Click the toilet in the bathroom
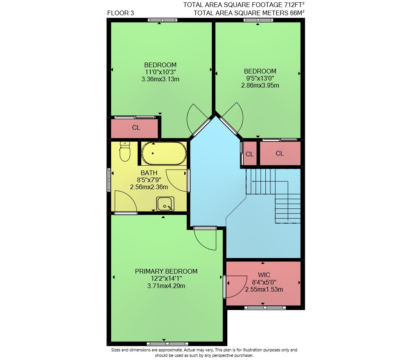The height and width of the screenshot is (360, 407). (x=125, y=151)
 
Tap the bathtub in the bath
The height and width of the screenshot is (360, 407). (x=164, y=154)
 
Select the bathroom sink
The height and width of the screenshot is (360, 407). (x=165, y=204)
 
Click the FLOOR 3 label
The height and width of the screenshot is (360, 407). (x=121, y=13)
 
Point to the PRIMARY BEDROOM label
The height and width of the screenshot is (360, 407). (x=166, y=271)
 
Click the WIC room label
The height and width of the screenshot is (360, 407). (x=264, y=275)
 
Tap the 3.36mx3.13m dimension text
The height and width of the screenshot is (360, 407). (x=160, y=79)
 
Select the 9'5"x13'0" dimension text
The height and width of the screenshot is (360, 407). (x=260, y=78)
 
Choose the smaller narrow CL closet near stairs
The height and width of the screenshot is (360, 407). (x=249, y=154)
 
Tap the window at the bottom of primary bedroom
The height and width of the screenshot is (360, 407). (x=167, y=344)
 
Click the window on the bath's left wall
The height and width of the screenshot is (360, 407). (x=109, y=180)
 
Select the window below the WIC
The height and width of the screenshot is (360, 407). (x=265, y=308)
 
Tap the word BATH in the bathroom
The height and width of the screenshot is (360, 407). (x=149, y=173)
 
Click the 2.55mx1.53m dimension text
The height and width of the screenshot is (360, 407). (x=264, y=289)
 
